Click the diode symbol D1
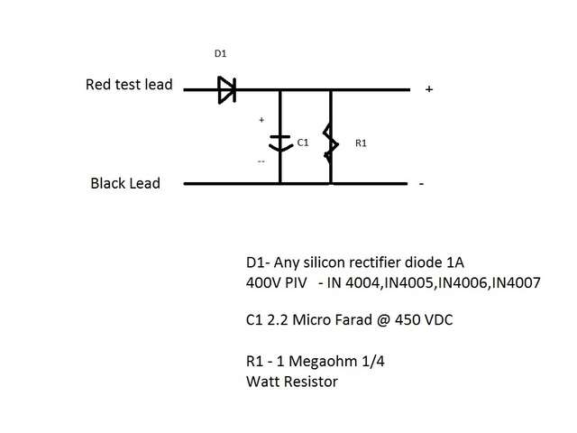click(x=226, y=89)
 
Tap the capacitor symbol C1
click(x=280, y=142)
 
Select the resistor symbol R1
click(x=331, y=142)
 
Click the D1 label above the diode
click(x=220, y=54)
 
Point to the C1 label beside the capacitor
click(x=303, y=143)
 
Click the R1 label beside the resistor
click(x=361, y=143)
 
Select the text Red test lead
click(x=128, y=86)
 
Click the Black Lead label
click(x=125, y=183)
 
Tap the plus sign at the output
click(x=428, y=89)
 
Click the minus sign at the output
click(x=420, y=184)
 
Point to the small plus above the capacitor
click(x=261, y=119)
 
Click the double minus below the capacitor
click(x=261, y=162)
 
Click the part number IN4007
click(x=513, y=282)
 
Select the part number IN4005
click(x=405, y=282)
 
